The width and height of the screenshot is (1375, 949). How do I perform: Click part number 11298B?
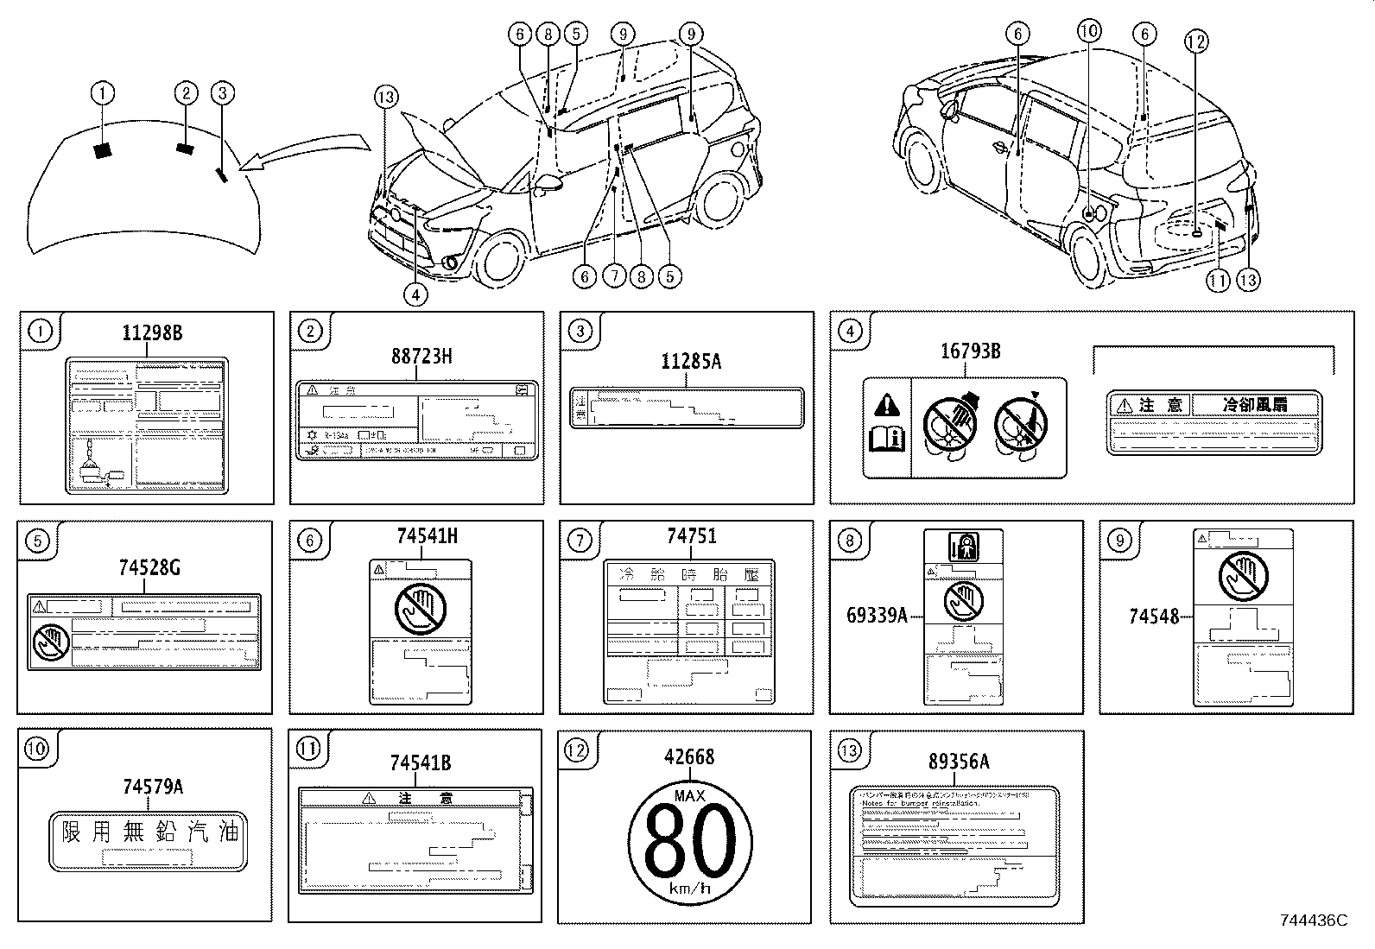tap(152, 333)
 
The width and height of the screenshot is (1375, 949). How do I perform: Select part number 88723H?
tap(421, 356)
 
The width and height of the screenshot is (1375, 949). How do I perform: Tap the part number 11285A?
tap(690, 362)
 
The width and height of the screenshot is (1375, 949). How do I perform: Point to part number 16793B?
tap(970, 351)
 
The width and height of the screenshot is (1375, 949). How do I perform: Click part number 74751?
tap(690, 537)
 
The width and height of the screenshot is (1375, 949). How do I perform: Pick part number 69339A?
tap(877, 616)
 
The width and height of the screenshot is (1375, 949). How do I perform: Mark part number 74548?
tap(1154, 616)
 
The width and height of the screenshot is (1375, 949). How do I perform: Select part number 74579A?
tap(152, 786)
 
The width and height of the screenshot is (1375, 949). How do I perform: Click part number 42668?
tap(689, 756)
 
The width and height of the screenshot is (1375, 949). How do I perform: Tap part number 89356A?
tap(959, 762)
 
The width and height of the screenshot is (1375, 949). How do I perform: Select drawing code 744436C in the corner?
tap(1314, 921)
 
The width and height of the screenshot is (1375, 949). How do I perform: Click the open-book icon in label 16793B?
tap(886, 439)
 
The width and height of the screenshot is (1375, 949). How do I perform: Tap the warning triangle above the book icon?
tap(887, 404)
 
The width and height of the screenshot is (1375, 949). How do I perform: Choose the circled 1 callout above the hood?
tap(103, 92)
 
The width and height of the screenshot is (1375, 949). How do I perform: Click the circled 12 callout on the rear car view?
tap(1196, 41)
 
